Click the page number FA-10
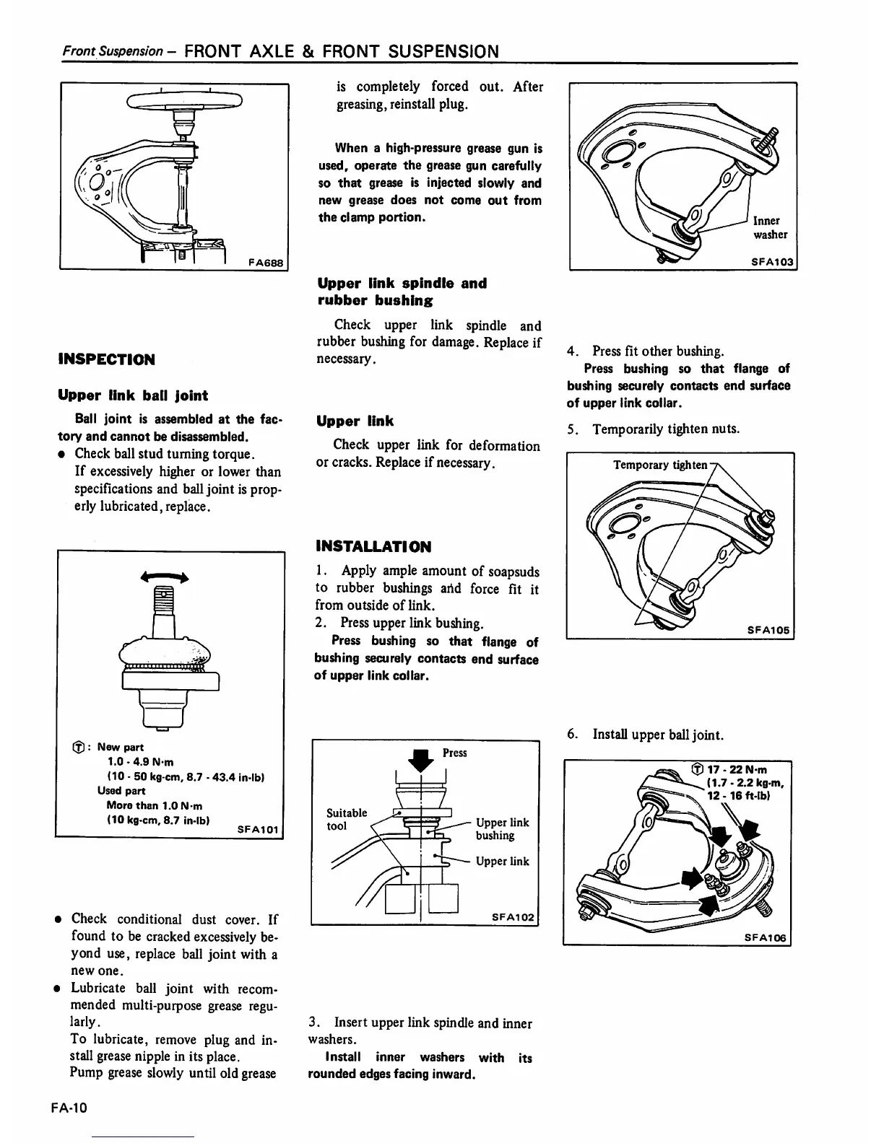(69, 1108)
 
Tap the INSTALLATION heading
(373, 546)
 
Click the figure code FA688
(265, 263)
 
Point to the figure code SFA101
(258, 829)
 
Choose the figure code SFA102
(513, 917)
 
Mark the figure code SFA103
(772, 262)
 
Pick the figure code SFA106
(768, 938)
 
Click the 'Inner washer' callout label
(770, 227)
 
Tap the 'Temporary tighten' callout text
(660, 465)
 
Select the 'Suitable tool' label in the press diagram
(347, 819)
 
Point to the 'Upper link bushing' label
(502, 829)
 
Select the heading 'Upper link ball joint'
(132, 395)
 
